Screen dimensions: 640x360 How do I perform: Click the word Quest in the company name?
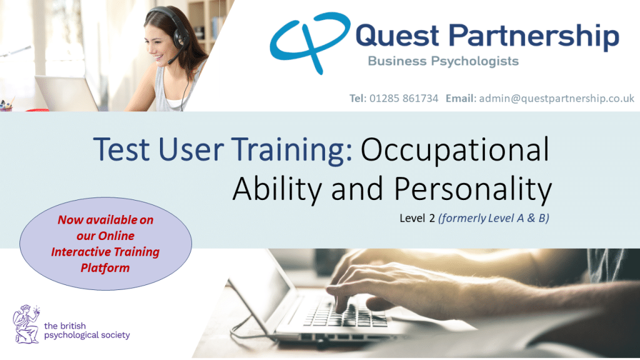pos(397,36)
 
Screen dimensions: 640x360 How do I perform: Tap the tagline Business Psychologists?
pos(443,61)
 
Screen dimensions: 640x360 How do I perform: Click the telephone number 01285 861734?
pos(404,98)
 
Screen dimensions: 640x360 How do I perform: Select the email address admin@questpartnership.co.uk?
pos(556,98)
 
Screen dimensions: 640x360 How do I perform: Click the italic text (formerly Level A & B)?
pos(494,218)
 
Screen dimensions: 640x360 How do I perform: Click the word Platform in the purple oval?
pos(105,268)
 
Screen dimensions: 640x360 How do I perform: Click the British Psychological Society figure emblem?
pos(26,324)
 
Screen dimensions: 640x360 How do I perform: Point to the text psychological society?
pos(87,336)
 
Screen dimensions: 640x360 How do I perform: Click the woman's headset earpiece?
pos(179,37)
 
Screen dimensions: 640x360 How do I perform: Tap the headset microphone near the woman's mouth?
pos(171,62)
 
